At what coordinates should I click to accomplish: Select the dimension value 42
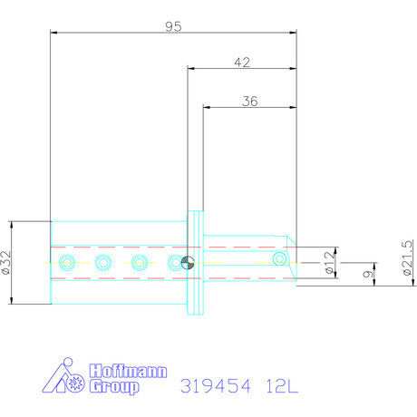coord(242,63)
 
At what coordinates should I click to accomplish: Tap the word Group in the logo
coord(115,387)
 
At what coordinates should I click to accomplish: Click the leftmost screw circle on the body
coord(66,263)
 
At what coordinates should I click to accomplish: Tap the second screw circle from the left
coord(103,263)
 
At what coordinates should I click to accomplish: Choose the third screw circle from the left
coord(140,263)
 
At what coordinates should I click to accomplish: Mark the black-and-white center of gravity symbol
coord(187,263)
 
